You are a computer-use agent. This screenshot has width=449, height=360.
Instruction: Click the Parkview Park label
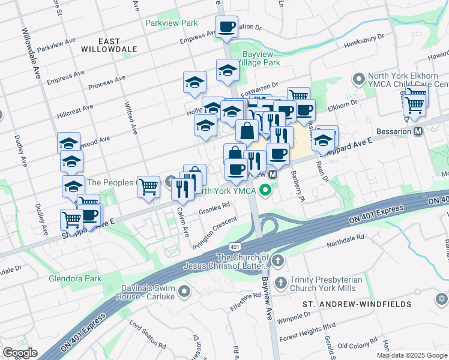tap(171, 23)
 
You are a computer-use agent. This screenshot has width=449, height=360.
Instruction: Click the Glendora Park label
tap(75, 278)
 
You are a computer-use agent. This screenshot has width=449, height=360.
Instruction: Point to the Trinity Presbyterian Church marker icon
tap(280, 282)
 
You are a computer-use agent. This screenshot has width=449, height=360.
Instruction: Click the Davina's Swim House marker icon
tap(184, 292)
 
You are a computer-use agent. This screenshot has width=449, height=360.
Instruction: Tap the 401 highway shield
tap(235, 246)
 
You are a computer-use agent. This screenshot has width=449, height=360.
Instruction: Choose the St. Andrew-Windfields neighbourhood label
tap(357, 304)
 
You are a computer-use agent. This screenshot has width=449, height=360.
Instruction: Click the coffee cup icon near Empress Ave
tap(227, 27)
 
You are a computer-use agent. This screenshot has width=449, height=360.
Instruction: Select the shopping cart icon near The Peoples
tap(148, 186)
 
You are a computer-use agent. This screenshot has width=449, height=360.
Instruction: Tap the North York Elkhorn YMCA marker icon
tap(359, 79)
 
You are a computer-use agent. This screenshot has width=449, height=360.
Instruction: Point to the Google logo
tap(20, 353)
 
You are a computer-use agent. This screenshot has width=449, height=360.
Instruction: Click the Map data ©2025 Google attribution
tap(412, 355)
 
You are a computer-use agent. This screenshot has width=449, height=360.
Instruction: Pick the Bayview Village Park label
tap(259, 58)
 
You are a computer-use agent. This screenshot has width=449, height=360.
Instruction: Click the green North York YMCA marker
tap(263, 191)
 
